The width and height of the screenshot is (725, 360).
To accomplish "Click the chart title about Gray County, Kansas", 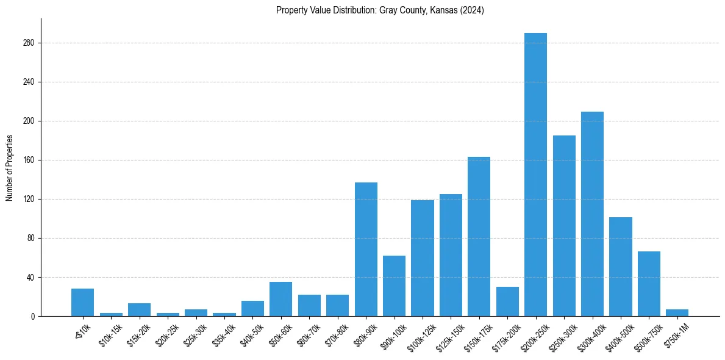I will pyautogui.click(x=380, y=10).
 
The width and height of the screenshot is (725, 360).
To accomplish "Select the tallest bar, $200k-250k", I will pyautogui.click(x=535, y=175).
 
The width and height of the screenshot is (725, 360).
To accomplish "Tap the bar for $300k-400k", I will pyautogui.click(x=592, y=214).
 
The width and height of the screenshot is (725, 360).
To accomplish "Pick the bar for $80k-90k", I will pyautogui.click(x=366, y=249).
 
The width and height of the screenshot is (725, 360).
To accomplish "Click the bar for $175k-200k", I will pyautogui.click(x=507, y=301).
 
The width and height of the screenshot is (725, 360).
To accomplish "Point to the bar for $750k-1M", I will pyautogui.click(x=677, y=313).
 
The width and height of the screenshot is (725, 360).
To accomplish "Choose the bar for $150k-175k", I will pyautogui.click(x=479, y=236).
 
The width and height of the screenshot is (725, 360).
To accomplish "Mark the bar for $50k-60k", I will pyautogui.click(x=281, y=299).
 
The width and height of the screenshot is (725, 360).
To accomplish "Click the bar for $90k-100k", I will pyautogui.click(x=394, y=286).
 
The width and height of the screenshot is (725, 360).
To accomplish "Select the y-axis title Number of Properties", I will pyautogui.click(x=9, y=167).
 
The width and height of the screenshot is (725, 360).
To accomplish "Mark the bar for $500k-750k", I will pyautogui.click(x=649, y=284).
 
